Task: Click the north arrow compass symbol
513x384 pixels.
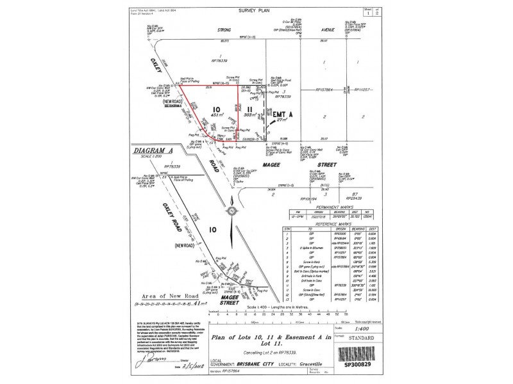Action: tap(230, 211)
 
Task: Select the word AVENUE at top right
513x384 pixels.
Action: tap(329, 29)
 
